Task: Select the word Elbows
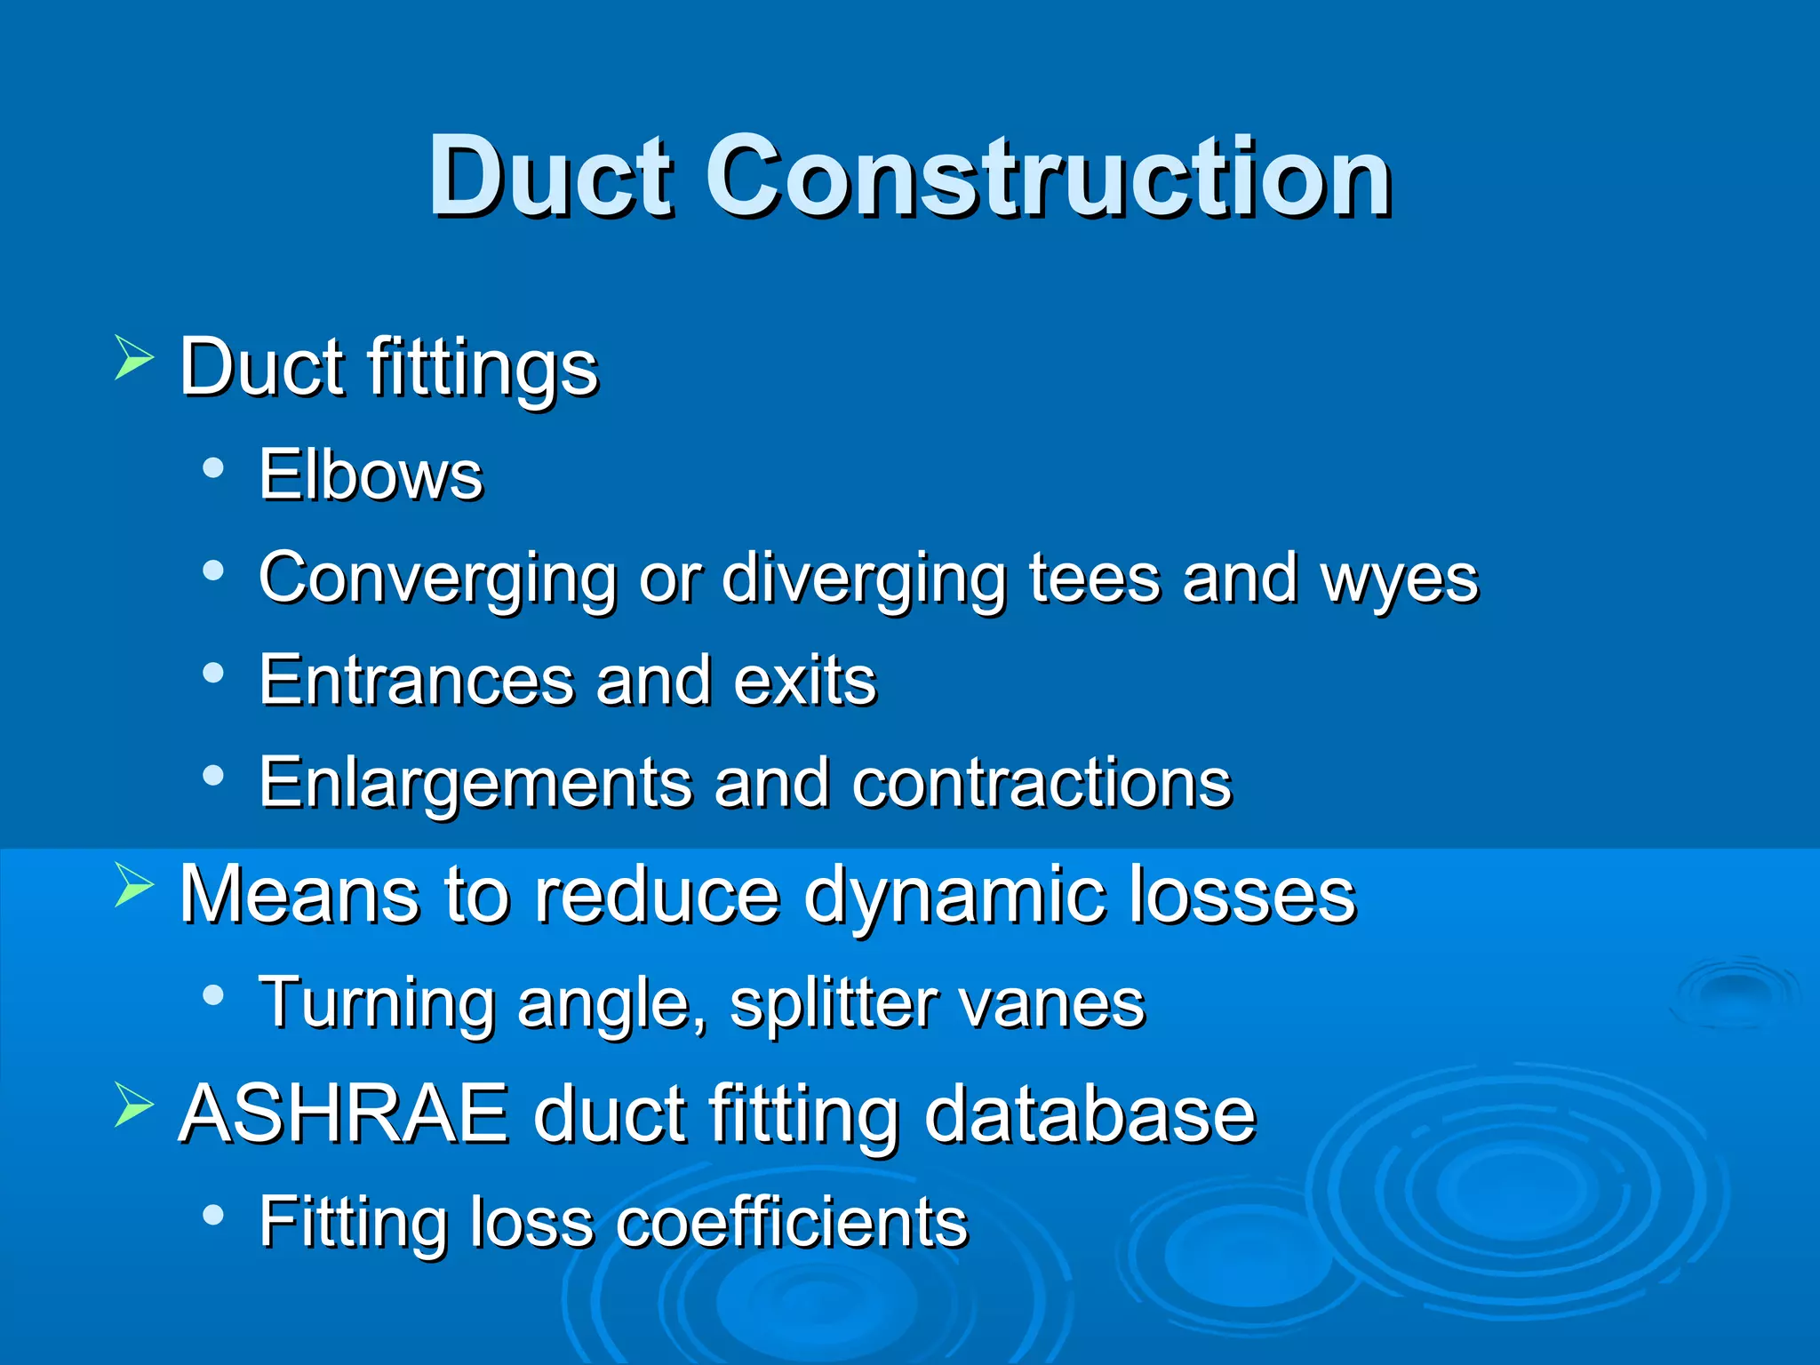click(x=371, y=475)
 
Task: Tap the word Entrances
click(x=416, y=681)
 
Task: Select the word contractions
click(x=1042, y=783)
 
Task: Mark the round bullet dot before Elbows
click(x=212, y=467)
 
